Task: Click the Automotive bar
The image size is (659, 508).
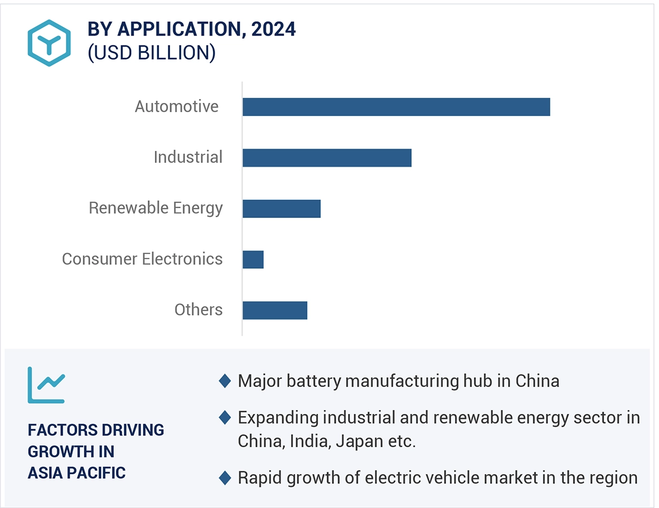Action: [396, 107]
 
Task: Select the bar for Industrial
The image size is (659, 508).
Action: [327, 158]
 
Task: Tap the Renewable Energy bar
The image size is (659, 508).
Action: [281, 208]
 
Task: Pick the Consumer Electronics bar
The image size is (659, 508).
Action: [253, 260]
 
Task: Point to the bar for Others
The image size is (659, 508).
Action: [275, 310]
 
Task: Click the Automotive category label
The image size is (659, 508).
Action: [176, 106]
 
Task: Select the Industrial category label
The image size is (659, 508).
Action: [188, 157]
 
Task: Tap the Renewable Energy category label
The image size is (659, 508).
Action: [155, 208]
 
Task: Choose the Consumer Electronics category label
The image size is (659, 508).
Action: [142, 259]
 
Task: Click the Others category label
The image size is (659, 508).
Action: [198, 310]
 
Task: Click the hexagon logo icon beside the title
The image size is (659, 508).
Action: [49, 43]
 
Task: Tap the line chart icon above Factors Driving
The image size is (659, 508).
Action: [46, 385]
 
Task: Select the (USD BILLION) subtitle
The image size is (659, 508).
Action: [152, 53]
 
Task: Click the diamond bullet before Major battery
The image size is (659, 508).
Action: [225, 381]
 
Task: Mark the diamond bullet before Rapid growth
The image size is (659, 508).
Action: [225, 478]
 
